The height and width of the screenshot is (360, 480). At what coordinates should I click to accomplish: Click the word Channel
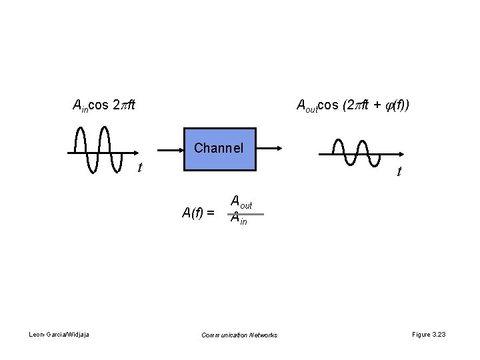[x=219, y=147]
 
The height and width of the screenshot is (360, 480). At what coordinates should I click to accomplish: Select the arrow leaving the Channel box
[x=269, y=149]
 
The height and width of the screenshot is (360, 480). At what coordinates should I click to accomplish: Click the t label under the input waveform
[x=139, y=167]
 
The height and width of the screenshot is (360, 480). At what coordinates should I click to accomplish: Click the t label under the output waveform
[x=399, y=172]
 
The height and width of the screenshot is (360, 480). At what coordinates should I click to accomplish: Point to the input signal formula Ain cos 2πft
[x=103, y=105]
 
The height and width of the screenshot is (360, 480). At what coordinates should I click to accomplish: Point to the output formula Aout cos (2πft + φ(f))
[x=353, y=105]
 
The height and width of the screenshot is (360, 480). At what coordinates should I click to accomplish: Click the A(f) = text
[x=198, y=213]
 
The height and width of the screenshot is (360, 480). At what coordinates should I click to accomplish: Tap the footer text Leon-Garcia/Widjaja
[x=59, y=334]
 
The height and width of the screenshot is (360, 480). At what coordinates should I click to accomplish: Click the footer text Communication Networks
[x=239, y=335]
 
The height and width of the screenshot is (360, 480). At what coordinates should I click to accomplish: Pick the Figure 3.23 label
[x=429, y=334]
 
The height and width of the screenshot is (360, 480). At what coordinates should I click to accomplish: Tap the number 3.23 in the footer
[x=439, y=334]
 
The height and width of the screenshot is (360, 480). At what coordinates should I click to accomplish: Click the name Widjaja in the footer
[x=79, y=334]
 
